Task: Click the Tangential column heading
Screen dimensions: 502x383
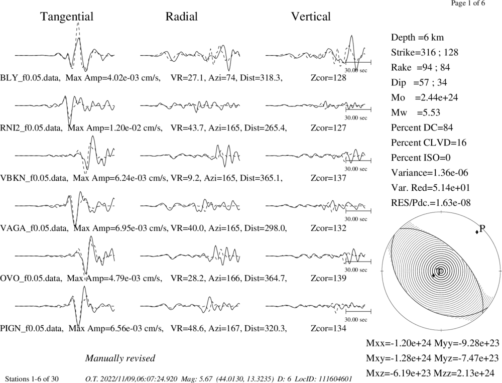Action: (67, 17)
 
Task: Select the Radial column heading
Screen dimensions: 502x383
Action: (182, 17)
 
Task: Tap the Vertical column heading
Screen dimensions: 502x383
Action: (311, 17)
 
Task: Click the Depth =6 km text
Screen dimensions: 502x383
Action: (418, 38)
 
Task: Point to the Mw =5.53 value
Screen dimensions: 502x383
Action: (416, 112)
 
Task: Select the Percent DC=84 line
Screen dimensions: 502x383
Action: (422, 127)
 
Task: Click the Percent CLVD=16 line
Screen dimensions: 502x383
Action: (429, 143)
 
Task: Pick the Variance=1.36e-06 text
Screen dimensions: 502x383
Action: (430, 173)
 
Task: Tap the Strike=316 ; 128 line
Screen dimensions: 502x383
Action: (425, 52)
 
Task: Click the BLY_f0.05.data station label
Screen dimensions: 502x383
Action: (31, 78)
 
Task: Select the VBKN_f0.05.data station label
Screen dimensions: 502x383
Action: (34, 178)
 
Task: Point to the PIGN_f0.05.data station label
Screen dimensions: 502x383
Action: (32, 328)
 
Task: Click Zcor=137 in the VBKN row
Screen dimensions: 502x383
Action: (328, 178)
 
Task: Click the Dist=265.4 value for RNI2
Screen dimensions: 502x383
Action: (266, 128)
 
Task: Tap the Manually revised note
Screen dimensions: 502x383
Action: (120, 358)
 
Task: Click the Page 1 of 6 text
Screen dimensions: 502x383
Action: (468, 3)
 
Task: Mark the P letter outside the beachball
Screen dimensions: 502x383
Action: (482, 228)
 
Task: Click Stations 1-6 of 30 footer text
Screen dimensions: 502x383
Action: (32, 379)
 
